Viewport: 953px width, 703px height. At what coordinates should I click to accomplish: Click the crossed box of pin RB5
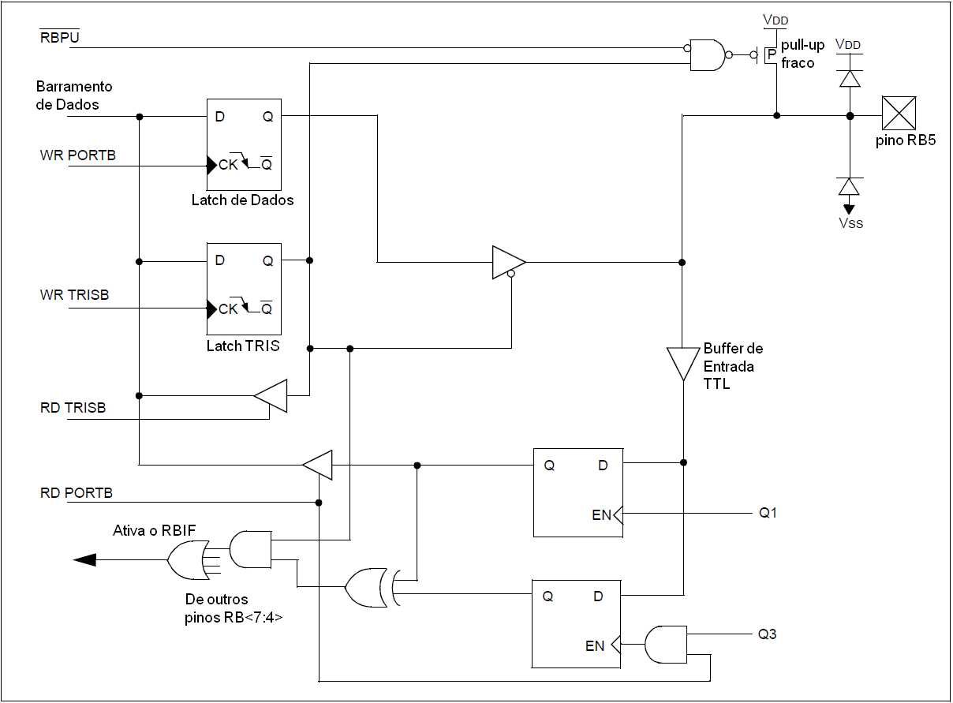click(899, 113)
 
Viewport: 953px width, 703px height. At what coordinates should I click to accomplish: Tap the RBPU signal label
click(60, 37)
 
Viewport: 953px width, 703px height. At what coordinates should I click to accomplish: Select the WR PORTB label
click(78, 155)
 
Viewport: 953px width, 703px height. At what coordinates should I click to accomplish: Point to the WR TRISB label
click(74, 294)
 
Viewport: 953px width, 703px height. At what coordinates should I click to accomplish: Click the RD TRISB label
click(73, 407)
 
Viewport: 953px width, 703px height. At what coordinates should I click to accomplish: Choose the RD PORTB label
click(77, 492)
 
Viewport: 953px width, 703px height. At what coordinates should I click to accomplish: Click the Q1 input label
click(768, 513)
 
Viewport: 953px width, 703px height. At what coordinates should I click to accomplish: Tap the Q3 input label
click(767, 634)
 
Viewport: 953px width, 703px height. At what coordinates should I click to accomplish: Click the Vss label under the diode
click(850, 223)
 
